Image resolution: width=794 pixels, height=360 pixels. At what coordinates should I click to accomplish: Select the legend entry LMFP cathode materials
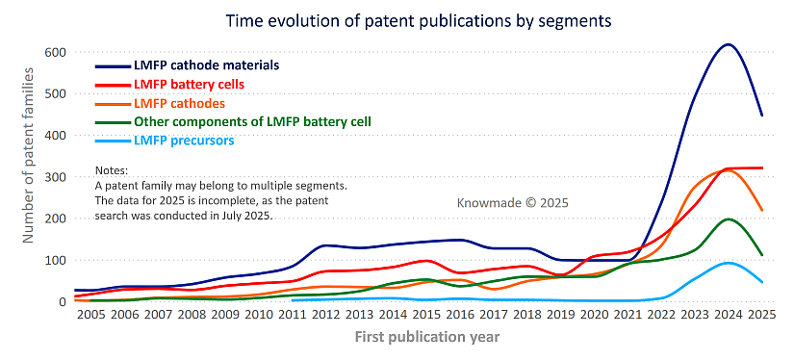pyautogui.click(x=206, y=65)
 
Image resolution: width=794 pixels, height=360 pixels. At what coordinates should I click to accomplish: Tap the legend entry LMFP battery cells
pyautogui.click(x=189, y=85)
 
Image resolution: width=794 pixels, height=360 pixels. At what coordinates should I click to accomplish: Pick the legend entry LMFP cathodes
pyautogui.click(x=179, y=103)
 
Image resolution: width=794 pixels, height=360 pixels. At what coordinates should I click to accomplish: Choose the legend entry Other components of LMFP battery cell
pyautogui.click(x=252, y=121)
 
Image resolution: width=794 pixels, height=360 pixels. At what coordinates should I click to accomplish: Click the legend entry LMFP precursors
pyautogui.click(x=183, y=141)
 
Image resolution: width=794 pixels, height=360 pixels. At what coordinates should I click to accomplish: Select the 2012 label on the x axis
pyautogui.click(x=327, y=316)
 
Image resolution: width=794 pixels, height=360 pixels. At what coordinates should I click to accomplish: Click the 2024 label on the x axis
pyautogui.click(x=729, y=316)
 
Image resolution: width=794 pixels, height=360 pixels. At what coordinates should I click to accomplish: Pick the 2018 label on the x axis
pyautogui.click(x=528, y=316)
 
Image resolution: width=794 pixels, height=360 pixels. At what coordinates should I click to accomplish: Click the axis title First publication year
pyautogui.click(x=425, y=338)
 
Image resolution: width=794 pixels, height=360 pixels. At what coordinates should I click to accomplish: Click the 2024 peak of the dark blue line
pyautogui.click(x=729, y=44)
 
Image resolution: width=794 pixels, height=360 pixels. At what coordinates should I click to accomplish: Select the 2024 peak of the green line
pyautogui.click(x=729, y=219)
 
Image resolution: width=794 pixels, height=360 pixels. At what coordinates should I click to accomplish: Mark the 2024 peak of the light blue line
pyautogui.click(x=729, y=263)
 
